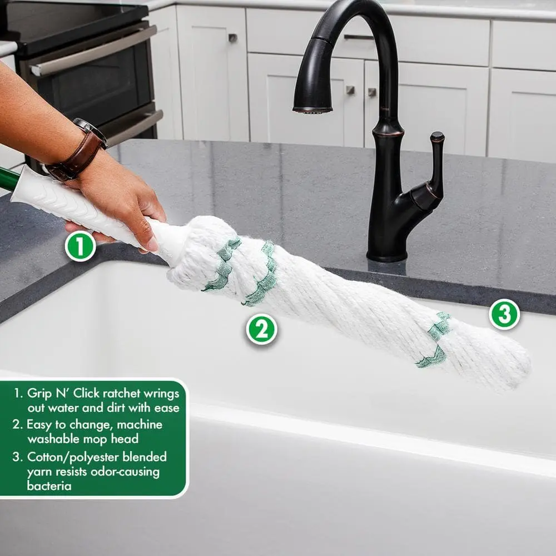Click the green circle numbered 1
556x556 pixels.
pos(81,246)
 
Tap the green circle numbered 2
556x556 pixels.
pos(262,329)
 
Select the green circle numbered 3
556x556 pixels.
pos(504,314)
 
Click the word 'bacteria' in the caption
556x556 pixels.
pos(49,485)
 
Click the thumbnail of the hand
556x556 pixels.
pos(153,244)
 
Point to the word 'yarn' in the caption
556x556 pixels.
pos(39,472)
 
